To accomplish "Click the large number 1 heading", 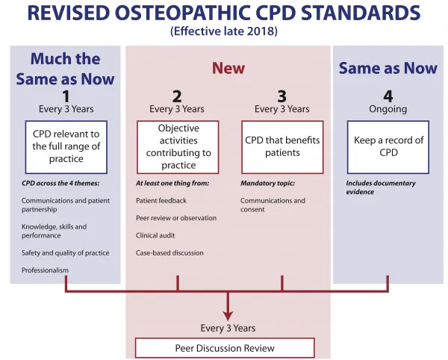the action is pos(66,96).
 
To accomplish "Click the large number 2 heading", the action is pos(177,96).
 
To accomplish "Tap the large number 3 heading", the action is pos(282,96).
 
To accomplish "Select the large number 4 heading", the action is pos(388,96).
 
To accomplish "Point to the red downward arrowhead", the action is pos(228,315).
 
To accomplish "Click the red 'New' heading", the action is pos(228,68).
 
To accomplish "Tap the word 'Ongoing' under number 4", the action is pos(388,109).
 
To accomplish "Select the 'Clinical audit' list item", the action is pos(155,235).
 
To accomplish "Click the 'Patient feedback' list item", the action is pos(161,201).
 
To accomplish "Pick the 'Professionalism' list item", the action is pos(45,270).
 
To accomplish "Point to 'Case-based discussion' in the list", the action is pos(169,253).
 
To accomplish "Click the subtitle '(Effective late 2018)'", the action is pos(224,31).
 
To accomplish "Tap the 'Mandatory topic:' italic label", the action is pos(268,183).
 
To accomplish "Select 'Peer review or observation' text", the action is pos(176,218).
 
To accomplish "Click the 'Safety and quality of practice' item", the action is pos(66,253).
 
